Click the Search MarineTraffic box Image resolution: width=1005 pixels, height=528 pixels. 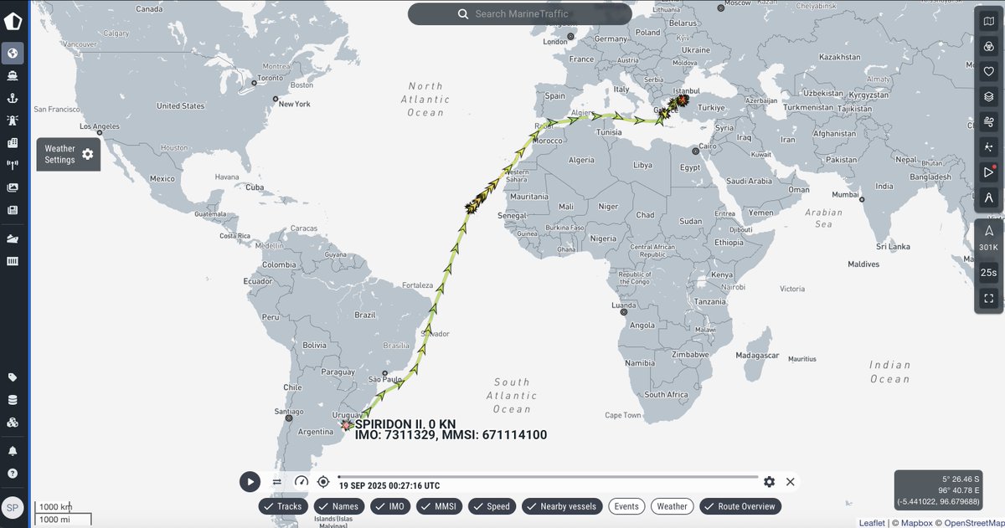[519, 14]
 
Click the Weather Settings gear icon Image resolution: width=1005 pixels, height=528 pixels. [87, 155]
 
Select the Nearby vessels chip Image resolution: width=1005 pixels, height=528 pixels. [561, 506]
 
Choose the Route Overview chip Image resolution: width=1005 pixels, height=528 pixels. [740, 506]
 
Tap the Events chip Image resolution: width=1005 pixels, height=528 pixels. [626, 506]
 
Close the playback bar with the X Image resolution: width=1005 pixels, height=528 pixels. [791, 481]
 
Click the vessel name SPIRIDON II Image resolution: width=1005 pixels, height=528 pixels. [391, 424]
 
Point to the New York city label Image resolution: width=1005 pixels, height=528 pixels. [294, 104]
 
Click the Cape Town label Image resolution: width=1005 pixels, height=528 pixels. [622, 415]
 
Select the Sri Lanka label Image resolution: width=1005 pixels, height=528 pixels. [893, 247]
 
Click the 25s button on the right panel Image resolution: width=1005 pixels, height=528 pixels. [988, 272]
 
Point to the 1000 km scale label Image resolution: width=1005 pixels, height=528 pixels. [55, 507]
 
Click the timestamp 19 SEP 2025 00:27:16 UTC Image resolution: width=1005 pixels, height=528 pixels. [389, 485]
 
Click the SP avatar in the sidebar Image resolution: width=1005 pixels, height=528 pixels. [13, 507]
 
